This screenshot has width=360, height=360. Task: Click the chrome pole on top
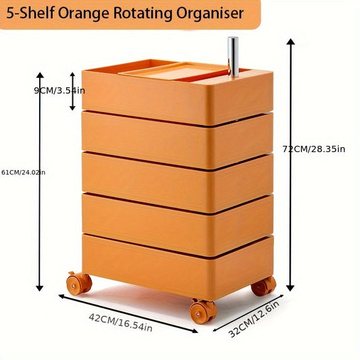pos(233,57)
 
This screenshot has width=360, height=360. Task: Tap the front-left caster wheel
pos(79,283)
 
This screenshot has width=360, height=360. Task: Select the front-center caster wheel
pos(203,311)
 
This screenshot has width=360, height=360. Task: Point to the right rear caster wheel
pos(263,286)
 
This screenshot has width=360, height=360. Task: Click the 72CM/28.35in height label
pos(314,149)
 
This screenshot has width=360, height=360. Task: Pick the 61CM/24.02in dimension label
pos(24,172)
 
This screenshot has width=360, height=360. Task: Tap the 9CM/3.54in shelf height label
pos(59,91)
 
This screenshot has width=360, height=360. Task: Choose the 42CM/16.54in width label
pos(120,323)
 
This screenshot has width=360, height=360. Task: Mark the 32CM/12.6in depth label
pos(255,319)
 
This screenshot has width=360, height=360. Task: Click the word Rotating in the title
pos(143,14)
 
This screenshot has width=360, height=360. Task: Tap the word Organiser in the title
pos(210,14)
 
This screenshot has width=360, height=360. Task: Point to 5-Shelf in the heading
pos(30,14)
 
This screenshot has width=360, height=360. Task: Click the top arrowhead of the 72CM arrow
pos(290,42)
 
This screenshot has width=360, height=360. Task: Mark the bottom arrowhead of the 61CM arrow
pos(40,288)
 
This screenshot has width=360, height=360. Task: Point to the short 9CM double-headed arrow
pos(72,91)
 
